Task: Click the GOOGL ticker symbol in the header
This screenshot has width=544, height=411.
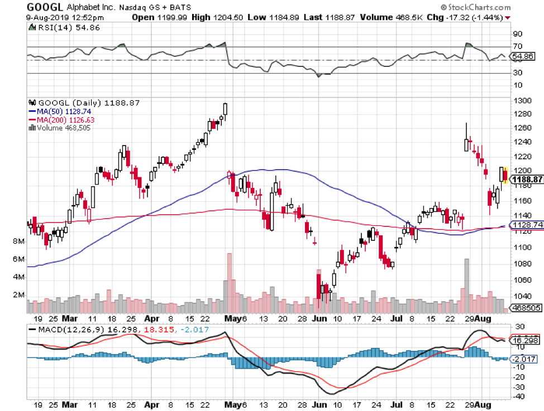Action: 44,7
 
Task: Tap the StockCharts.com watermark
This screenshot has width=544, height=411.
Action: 478,7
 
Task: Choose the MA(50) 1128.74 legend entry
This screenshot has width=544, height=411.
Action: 61,111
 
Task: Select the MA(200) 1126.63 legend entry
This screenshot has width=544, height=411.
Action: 63,119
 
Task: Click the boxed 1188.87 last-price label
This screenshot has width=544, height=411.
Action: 527,180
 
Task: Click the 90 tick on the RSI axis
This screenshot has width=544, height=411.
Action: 517,33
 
